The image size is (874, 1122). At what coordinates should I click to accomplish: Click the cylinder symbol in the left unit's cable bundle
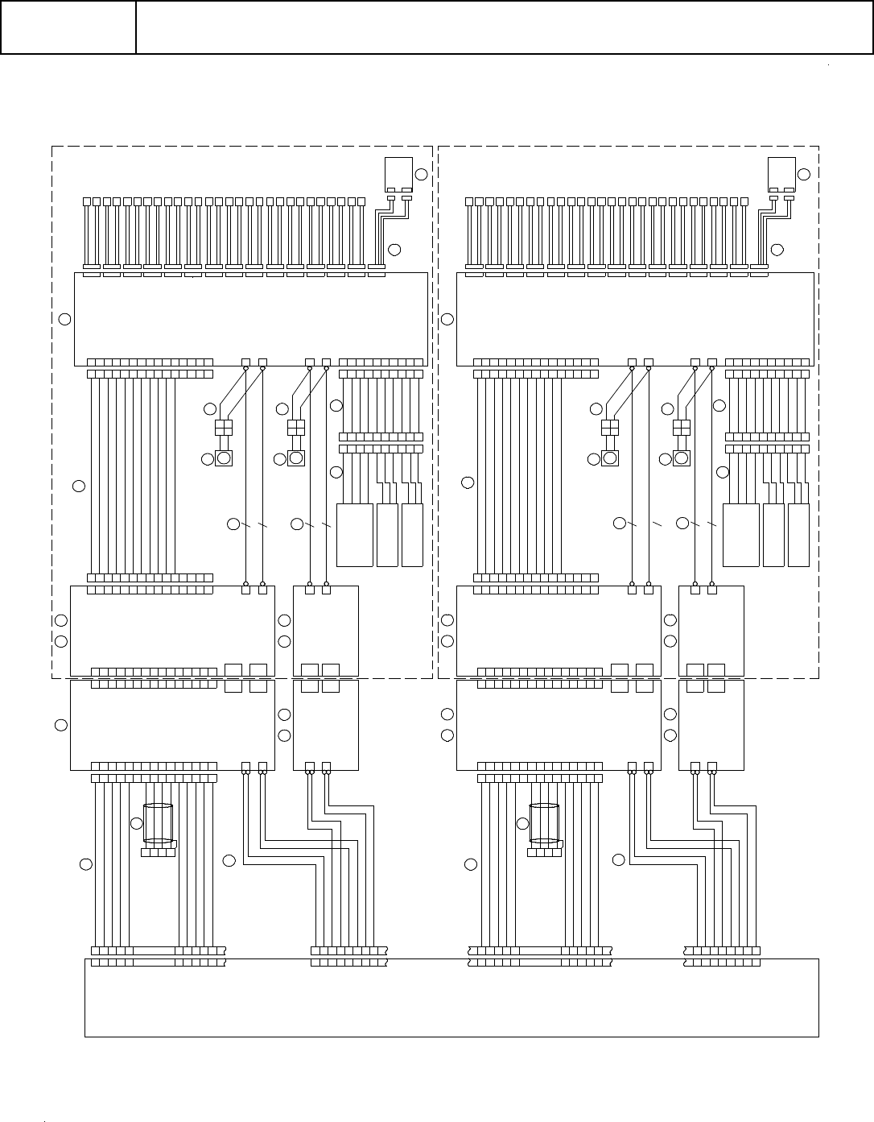tap(158, 822)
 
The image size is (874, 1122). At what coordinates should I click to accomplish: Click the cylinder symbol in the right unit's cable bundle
tap(544, 822)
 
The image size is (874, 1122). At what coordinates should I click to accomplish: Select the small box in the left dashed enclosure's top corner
tap(398, 171)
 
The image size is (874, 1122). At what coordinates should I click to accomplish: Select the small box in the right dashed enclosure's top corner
tap(781, 171)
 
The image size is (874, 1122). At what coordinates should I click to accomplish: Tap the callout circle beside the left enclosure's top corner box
tap(421, 175)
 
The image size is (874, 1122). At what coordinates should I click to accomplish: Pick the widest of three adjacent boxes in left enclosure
tap(354, 535)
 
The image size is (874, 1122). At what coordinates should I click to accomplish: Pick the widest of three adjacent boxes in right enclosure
tap(741, 535)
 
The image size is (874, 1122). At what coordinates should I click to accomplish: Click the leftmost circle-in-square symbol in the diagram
tap(224, 458)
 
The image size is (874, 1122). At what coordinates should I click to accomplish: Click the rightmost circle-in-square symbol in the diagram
tap(682, 458)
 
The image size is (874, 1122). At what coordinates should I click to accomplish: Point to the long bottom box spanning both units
tap(451, 997)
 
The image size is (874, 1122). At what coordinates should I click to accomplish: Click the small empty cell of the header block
tap(68, 27)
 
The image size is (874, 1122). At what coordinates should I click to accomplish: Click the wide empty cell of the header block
tap(504, 27)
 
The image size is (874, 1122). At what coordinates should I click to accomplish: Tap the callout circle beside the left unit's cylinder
tap(137, 822)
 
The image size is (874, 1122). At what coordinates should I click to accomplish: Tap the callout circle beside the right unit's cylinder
tap(523, 822)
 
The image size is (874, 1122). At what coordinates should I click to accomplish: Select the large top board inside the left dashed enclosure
tap(250, 319)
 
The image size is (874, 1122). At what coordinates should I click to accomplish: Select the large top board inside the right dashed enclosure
tap(635, 319)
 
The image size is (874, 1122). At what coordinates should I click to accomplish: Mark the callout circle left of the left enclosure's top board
tap(65, 319)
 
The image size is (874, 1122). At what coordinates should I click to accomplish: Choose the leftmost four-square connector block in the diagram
tap(224, 427)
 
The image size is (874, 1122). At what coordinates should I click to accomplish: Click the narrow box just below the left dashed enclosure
tap(326, 725)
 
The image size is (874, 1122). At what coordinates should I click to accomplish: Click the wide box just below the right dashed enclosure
tap(559, 725)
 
